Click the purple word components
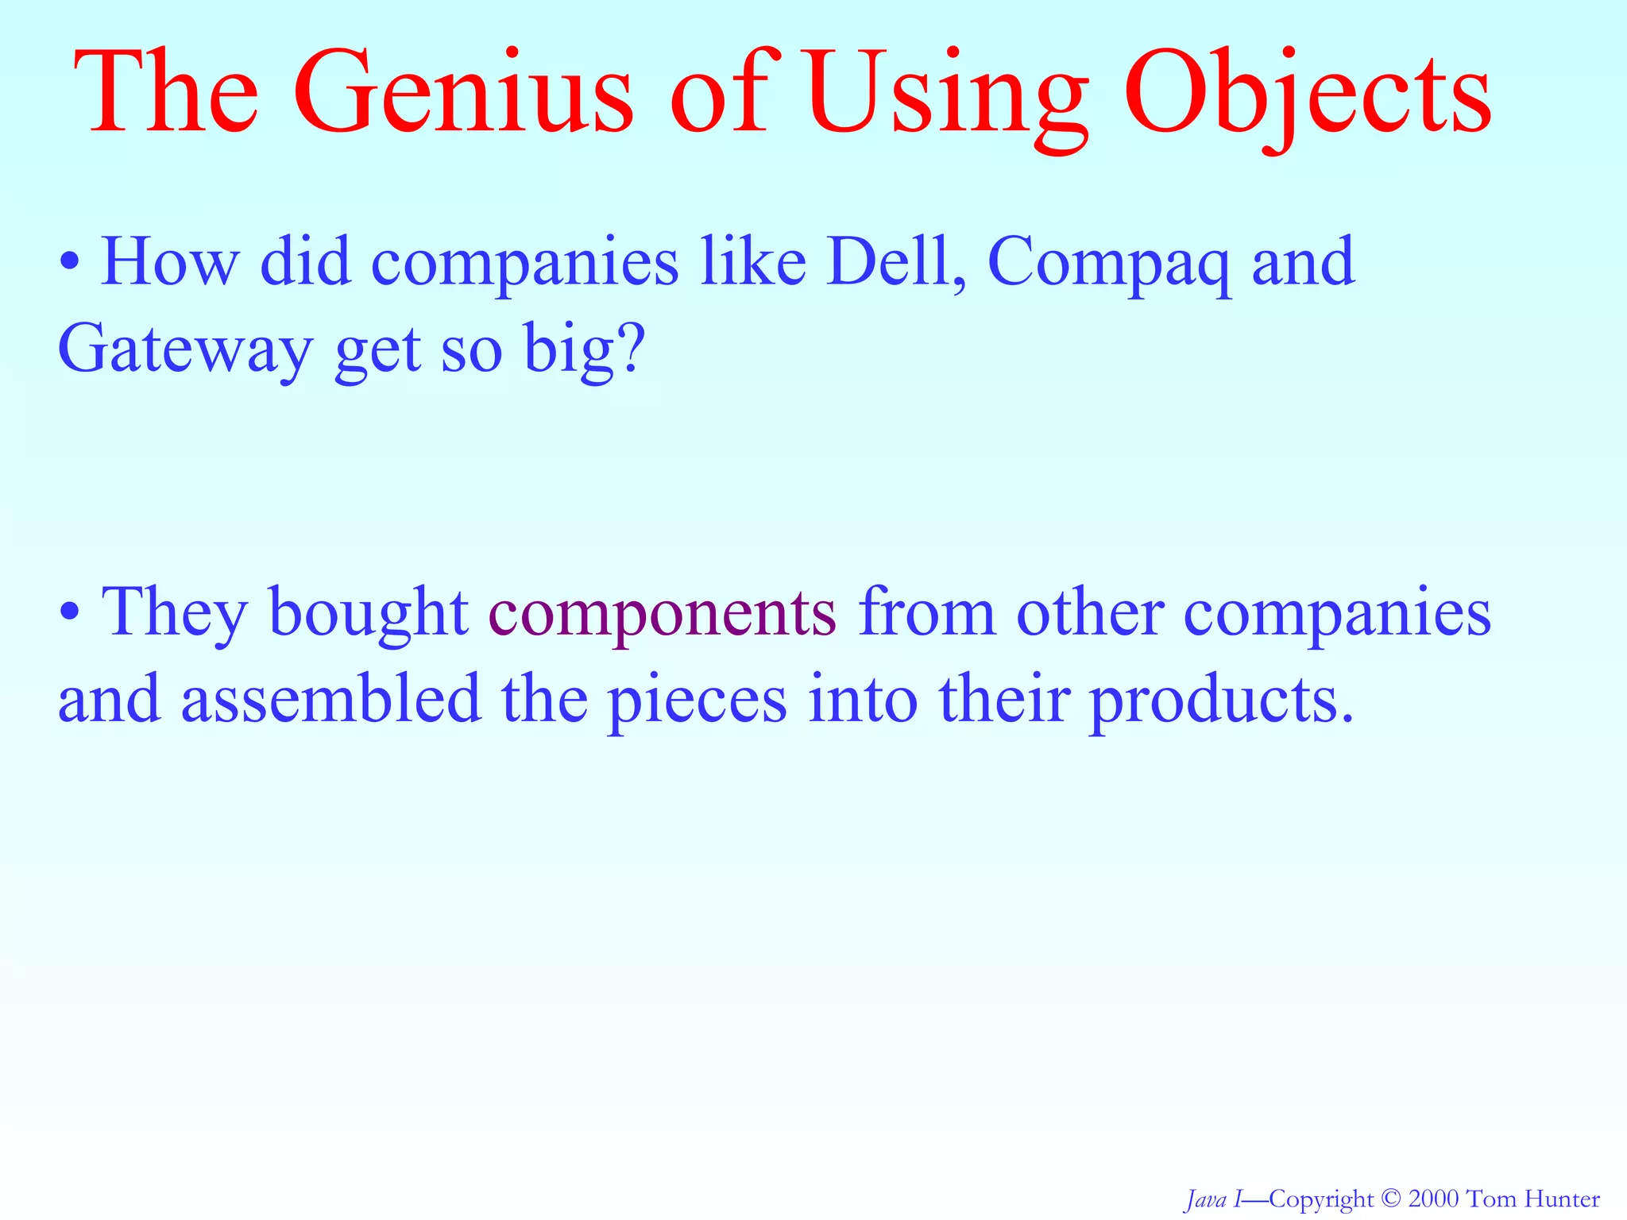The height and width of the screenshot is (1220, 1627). click(662, 615)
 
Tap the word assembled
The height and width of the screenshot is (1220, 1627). click(330, 698)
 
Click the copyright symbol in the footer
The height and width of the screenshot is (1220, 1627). click(1390, 1199)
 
